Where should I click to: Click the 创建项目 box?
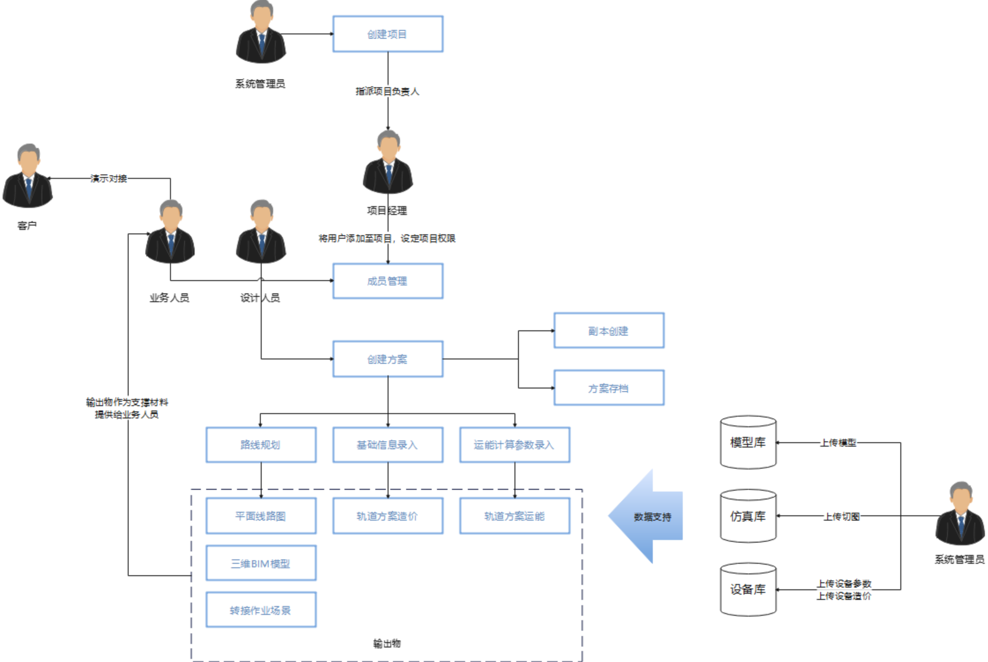pyautogui.click(x=388, y=34)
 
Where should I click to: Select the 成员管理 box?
pyautogui.click(x=388, y=281)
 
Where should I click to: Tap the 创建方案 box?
pyautogui.click(x=388, y=359)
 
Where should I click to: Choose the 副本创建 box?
pyautogui.click(x=609, y=331)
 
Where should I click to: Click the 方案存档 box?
pyautogui.click(x=609, y=388)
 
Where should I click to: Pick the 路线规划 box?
pyautogui.click(x=261, y=445)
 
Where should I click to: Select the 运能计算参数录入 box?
pyautogui.click(x=514, y=445)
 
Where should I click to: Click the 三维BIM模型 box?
pyautogui.click(x=261, y=563)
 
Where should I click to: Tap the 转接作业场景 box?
pyautogui.click(x=261, y=610)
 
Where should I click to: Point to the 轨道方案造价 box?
pyautogui.click(x=388, y=516)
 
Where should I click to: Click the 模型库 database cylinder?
pyautogui.click(x=748, y=442)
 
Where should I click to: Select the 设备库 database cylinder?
pyautogui.click(x=748, y=589)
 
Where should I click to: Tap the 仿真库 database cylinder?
pyautogui.click(x=748, y=516)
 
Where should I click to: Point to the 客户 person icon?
pyautogui.click(x=28, y=176)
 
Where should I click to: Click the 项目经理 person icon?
pyautogui.click(x=388, y=163)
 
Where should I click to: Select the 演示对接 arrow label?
pyautogui.click(x=109, y=178)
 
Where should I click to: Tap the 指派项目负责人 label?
pyautogui.click(x=388, y=91)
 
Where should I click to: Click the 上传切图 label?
pyautogui.click(x=842, y=516)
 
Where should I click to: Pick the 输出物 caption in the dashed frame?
pyautogui.click(x=387, y=644)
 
